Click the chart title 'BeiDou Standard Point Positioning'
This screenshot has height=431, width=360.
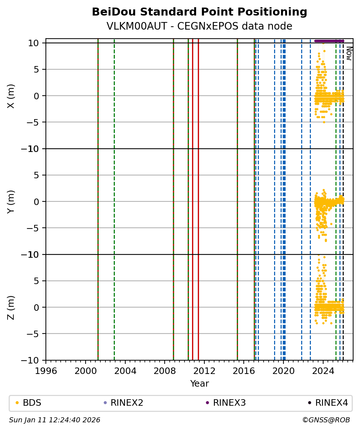pyautogui.click(x=199, y=12)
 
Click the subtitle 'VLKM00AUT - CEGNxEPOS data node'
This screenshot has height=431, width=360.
pyautogui.click(x=199, y=26)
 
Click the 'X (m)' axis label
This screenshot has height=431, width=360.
pyautogui.click(x=11, y=96)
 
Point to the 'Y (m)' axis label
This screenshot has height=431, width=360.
pyautogui.click(x=11, y=201)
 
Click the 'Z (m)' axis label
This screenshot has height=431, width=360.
pyautogui.click(x=11, y=307)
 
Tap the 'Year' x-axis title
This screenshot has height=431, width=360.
pyautogui.click(x=199, y=384)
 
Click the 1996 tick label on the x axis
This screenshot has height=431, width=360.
pyautogui.click(x=46, y=371)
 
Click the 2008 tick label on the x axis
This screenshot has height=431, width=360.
pyautogui.click(x=165, y=371)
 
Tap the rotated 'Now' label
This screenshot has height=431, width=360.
pyautogui.click(x=349, y=53)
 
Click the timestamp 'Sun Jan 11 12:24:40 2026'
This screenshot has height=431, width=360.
pyautogui.click(x=55, y=420)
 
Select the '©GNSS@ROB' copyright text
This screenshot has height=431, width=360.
pyautogui.click(x=326, y=420)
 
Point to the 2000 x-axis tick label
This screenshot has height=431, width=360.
pyautogui.click(x=86, y=371)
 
